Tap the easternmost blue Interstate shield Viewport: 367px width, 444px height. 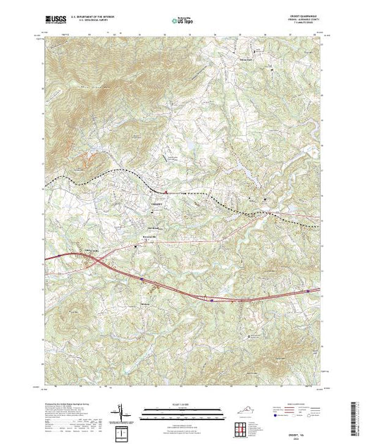[x=308, y=290]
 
